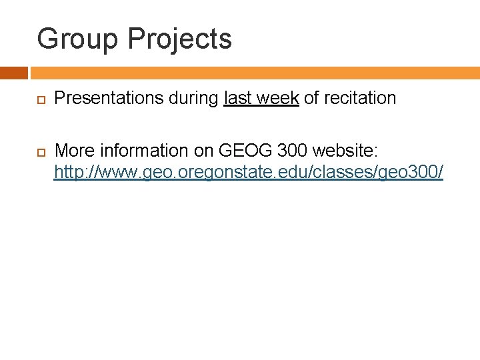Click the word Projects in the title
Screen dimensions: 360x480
click(180, 40)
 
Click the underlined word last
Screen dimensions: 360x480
click(237, 99)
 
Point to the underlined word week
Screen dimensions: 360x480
click(277, 99)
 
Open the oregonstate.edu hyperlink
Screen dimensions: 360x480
click(248, 173)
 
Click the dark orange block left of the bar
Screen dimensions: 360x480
click(13, 73)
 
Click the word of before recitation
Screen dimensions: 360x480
click(311, 99)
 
